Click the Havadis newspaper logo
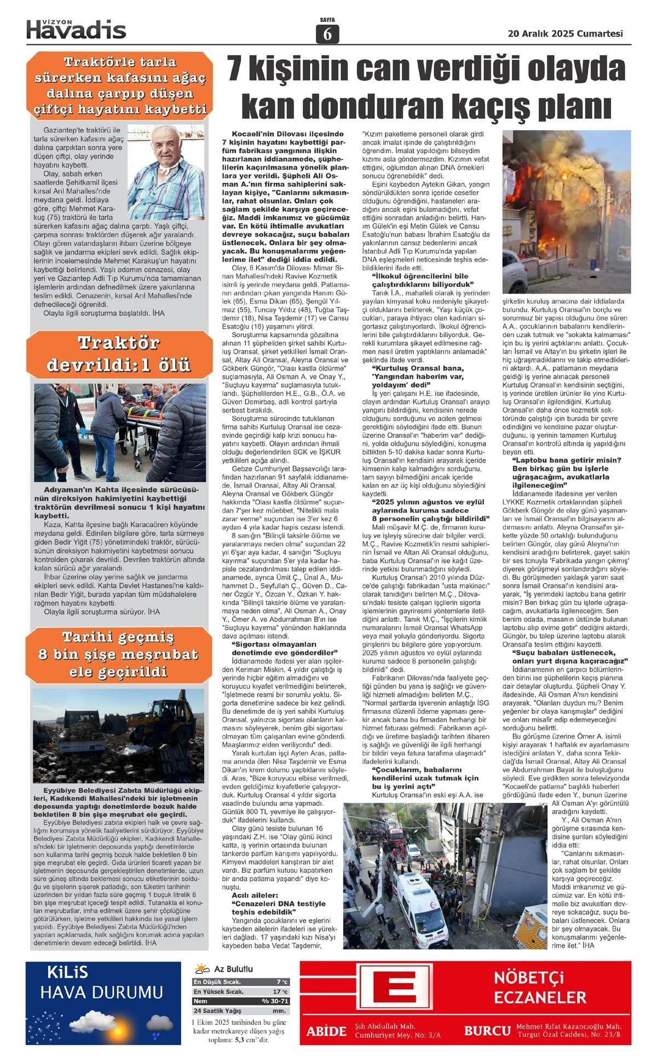[76, 30]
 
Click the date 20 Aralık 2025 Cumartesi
[565, 33]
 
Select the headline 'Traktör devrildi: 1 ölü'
[119, 354]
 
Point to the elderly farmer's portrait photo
[165, 172]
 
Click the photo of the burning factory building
[566, 211]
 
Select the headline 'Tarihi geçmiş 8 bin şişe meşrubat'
[119, 654]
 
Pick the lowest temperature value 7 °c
[282, 982]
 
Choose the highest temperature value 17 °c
[280, 991]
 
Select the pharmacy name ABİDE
[326, 1031]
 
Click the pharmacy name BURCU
[487, 1031]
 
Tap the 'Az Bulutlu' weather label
[233, 968]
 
